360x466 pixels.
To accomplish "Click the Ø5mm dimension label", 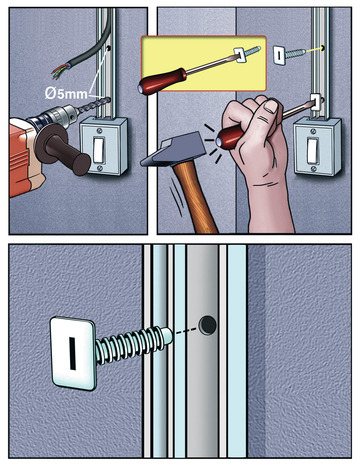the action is (66, 94).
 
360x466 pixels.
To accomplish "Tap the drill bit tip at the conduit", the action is (108, 99).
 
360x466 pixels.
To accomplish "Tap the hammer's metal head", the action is (173, 149).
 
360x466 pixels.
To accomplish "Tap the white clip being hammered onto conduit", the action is (318, 102).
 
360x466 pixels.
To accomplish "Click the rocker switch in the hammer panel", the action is (313, 150).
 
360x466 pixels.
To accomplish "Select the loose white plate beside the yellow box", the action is (279, 55).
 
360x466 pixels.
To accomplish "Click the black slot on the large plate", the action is (72, 353).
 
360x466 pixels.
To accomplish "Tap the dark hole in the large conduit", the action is (207, 325).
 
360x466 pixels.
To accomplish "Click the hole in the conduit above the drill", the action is (109, 49).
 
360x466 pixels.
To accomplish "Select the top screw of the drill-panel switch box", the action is (99, 131).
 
